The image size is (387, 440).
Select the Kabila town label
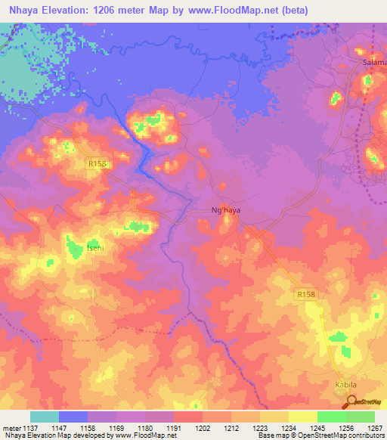click(345, 383)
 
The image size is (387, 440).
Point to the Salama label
click(374, 62)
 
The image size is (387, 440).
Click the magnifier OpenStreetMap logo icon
click(351, 402)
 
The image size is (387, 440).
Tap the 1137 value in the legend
click(29, 428)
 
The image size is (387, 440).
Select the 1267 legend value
click(374, 428)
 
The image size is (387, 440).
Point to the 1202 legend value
click(202, 428)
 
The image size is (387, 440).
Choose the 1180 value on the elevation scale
click(144, 428)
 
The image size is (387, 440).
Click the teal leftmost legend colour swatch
click(44, 417)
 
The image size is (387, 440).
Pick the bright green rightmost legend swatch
click(360, 417)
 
